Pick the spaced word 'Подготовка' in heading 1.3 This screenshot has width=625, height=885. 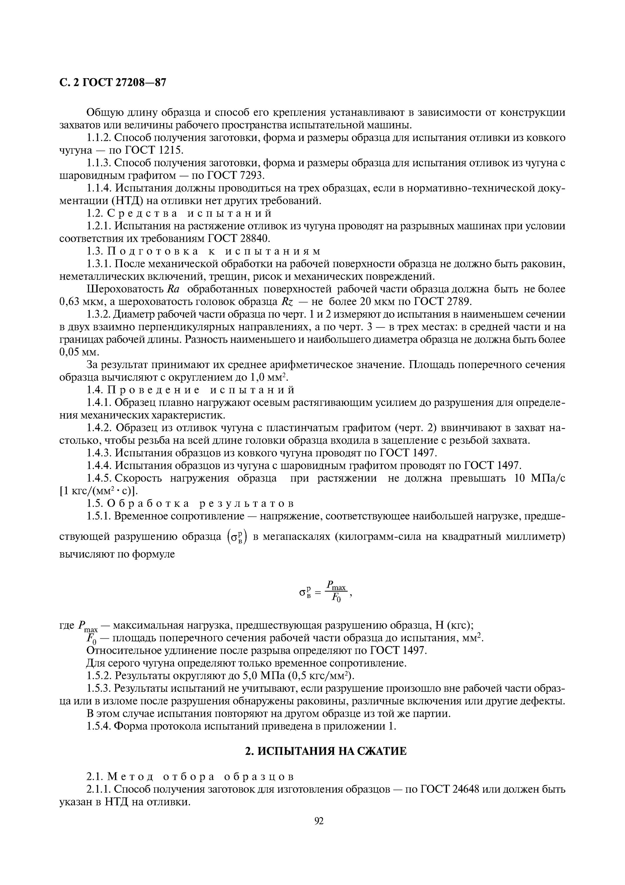(153, 251)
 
